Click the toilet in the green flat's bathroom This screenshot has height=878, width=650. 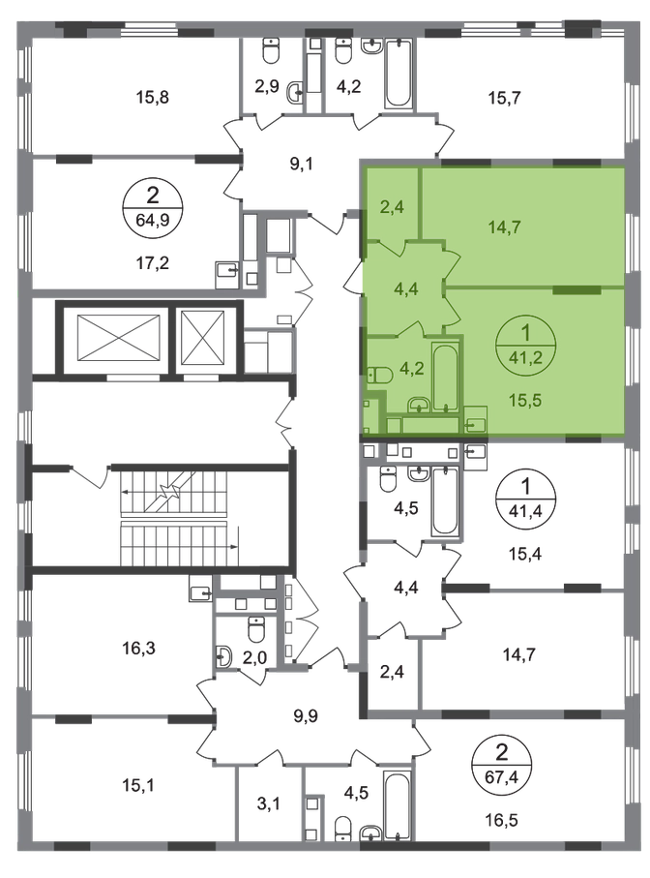pos(379,373)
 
